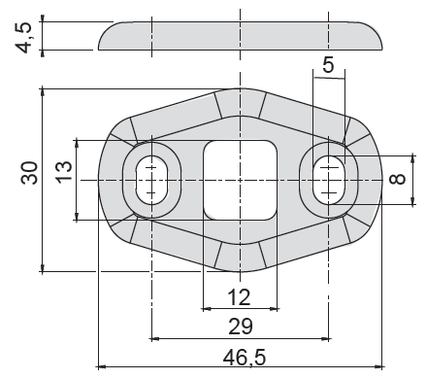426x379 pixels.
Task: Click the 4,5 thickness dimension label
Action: click(x=24, y=37)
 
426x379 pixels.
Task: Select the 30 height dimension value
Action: click(x=29, y=173)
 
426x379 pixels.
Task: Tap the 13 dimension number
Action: click(x=64, y=172)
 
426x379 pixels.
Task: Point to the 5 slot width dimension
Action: click(x=328, y=64)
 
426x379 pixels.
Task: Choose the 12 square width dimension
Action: click(x=239, y=297)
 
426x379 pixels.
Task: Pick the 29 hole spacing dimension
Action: click(x=241, y=327)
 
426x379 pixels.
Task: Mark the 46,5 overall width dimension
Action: click(x=245, y=357)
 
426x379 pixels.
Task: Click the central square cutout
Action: click(x=240, y=180)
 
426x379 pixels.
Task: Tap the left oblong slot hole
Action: click(x=151, y=180)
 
